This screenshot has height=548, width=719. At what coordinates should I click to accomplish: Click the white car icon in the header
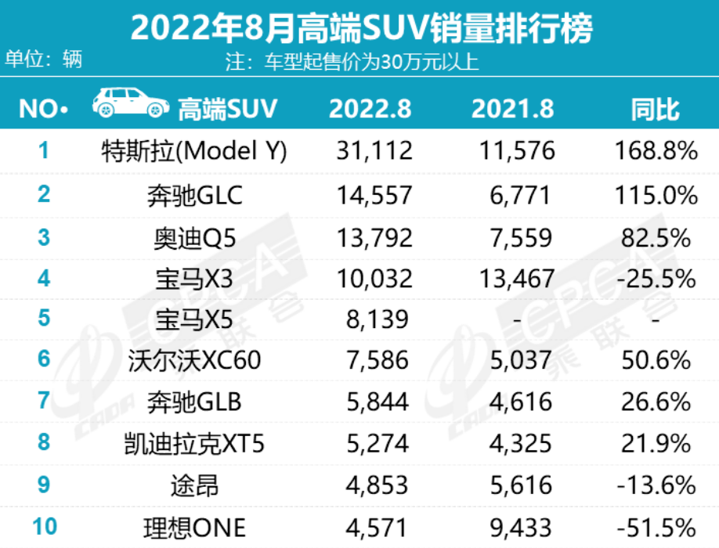130,106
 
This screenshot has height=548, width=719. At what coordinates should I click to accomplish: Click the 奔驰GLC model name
194,193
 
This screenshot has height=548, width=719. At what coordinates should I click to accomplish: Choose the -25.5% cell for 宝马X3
655,277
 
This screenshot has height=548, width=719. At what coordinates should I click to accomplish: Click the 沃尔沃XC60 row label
194,361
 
